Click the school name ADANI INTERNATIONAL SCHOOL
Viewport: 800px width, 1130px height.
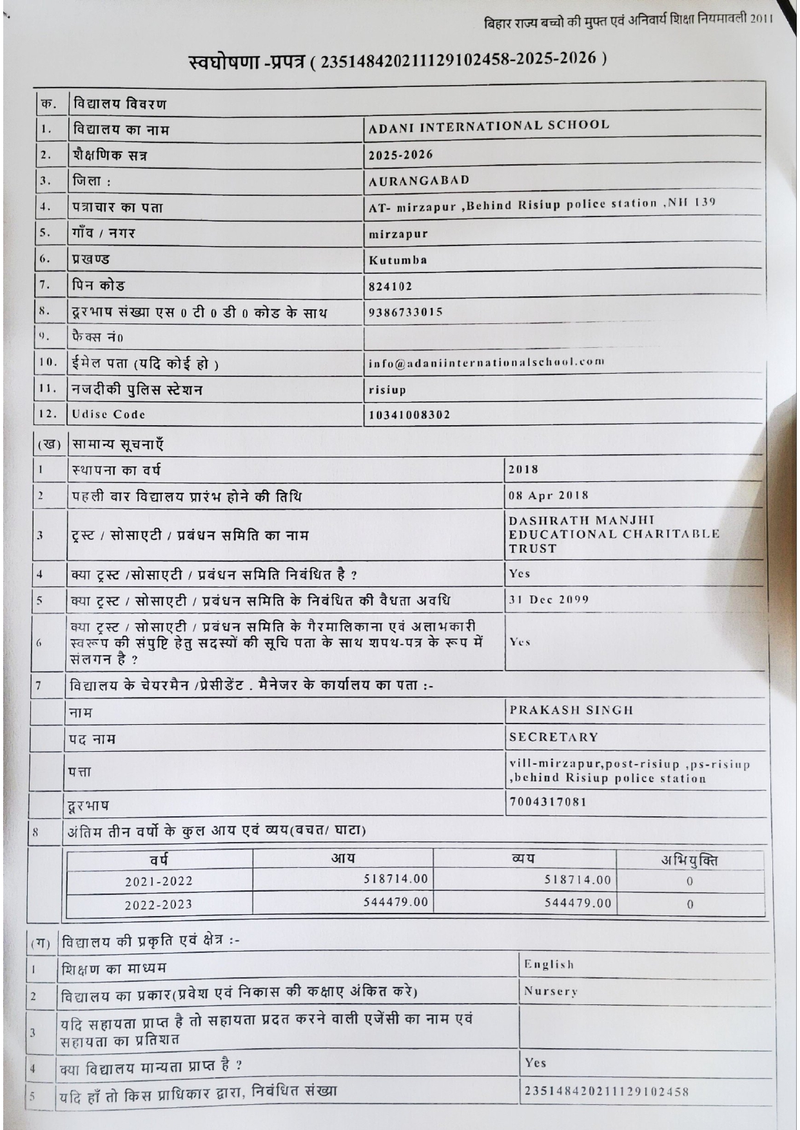[x=489, y=126]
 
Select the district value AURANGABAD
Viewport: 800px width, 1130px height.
[x=419, y=180]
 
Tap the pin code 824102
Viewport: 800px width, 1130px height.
[x=390, y=286]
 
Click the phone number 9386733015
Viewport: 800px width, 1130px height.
[x=405, y=312]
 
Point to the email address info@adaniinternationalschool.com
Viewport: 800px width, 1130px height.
[x=486, y=363]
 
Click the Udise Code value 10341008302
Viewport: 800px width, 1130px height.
[x=409, y=415]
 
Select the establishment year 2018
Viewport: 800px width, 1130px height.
[x=523, y=470]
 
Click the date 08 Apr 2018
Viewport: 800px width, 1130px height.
[x=548, y=495]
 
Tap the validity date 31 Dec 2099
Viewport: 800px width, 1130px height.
[x=549, y=599]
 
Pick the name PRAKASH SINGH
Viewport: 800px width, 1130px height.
[x=571, y=711]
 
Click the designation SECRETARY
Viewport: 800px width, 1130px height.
[x=554, y=737]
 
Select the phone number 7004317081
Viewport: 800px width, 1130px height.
[x=548, y=802]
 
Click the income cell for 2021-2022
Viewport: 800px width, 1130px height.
[x=395, y=879]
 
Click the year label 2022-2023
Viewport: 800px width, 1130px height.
[x=159, y=905]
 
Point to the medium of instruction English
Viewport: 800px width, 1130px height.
[x=549, y=964]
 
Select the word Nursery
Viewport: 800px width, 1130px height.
[x=551, y=991]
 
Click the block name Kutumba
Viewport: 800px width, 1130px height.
[x=398, y=260]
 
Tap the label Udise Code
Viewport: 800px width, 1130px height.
[x=108, y=414]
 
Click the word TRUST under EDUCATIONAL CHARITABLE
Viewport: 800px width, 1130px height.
[x=532, y=549]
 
